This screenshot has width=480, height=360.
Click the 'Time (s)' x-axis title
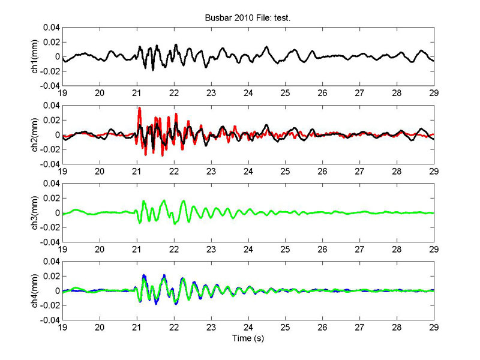tap(248, 338)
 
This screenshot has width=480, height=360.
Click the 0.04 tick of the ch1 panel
tap(50, 28)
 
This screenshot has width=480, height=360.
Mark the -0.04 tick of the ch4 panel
tap(49, 320)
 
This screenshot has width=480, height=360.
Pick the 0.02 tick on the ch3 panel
tap(50, 198)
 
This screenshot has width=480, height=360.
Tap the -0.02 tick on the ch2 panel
tap(49, 150)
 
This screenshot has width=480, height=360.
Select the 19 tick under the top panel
tap(62, 94)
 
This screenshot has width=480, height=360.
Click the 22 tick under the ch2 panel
tap(173, 172)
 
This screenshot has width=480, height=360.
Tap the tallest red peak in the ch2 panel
tap(139, 109)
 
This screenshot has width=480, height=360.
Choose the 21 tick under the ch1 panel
tap(136, 94)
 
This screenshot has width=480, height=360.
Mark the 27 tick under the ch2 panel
tap(359, 172)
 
